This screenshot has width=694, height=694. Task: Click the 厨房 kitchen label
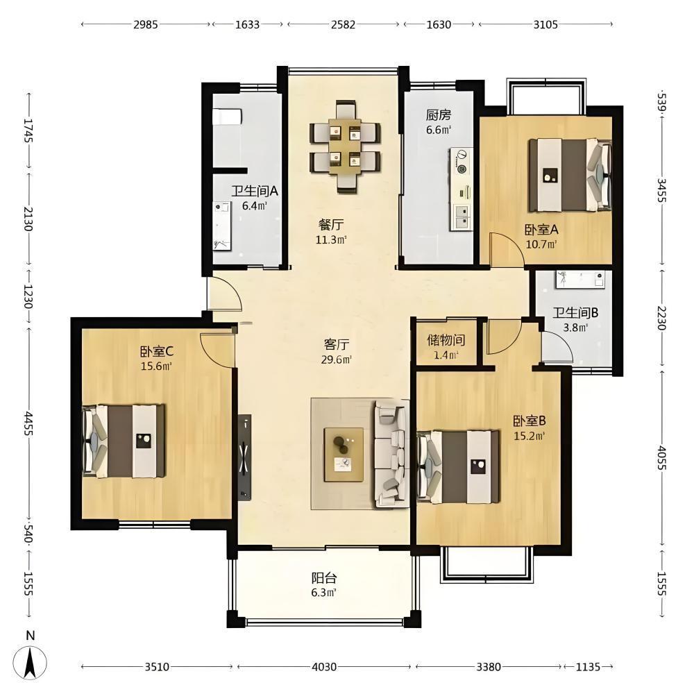click(438, 115)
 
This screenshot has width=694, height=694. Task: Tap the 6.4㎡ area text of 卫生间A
click(255, 206)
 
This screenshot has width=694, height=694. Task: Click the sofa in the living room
click(391, 454)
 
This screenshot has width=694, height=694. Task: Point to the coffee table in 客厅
click(344, 455)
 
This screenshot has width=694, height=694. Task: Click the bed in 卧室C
click(124, 441)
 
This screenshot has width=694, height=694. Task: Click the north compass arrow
click(30, 662)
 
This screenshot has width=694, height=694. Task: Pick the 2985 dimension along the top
click(146, 24)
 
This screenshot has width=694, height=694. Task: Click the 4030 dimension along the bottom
click(324, 666)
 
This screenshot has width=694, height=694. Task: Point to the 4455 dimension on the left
click(28, 423)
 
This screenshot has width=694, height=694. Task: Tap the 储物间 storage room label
click(446, 340)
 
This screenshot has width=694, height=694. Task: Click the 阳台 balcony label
click(324, 578)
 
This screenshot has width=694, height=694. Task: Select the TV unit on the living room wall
click(244, 457)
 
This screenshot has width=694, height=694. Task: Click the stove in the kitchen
click(462, 161)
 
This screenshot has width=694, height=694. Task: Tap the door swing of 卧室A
click(507, 251)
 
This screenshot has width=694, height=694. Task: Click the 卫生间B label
click(575, 313)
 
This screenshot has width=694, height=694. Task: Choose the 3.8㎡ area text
click(575, 328)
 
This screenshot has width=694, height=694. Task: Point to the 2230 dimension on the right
click(661, 318)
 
